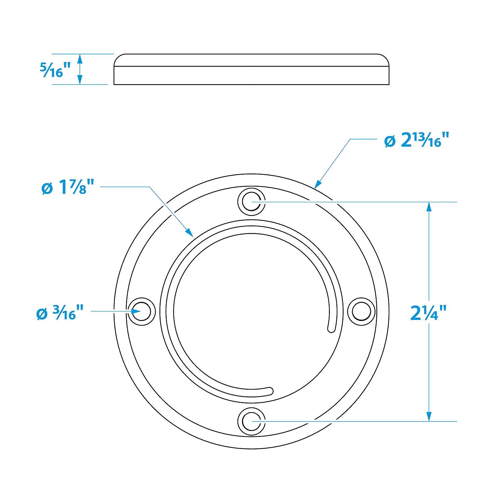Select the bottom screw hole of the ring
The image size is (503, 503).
(251, 421)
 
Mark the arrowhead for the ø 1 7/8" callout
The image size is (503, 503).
(190, 232)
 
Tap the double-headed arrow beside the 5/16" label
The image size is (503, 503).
(79, 69)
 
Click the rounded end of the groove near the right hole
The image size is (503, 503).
(331, 330)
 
